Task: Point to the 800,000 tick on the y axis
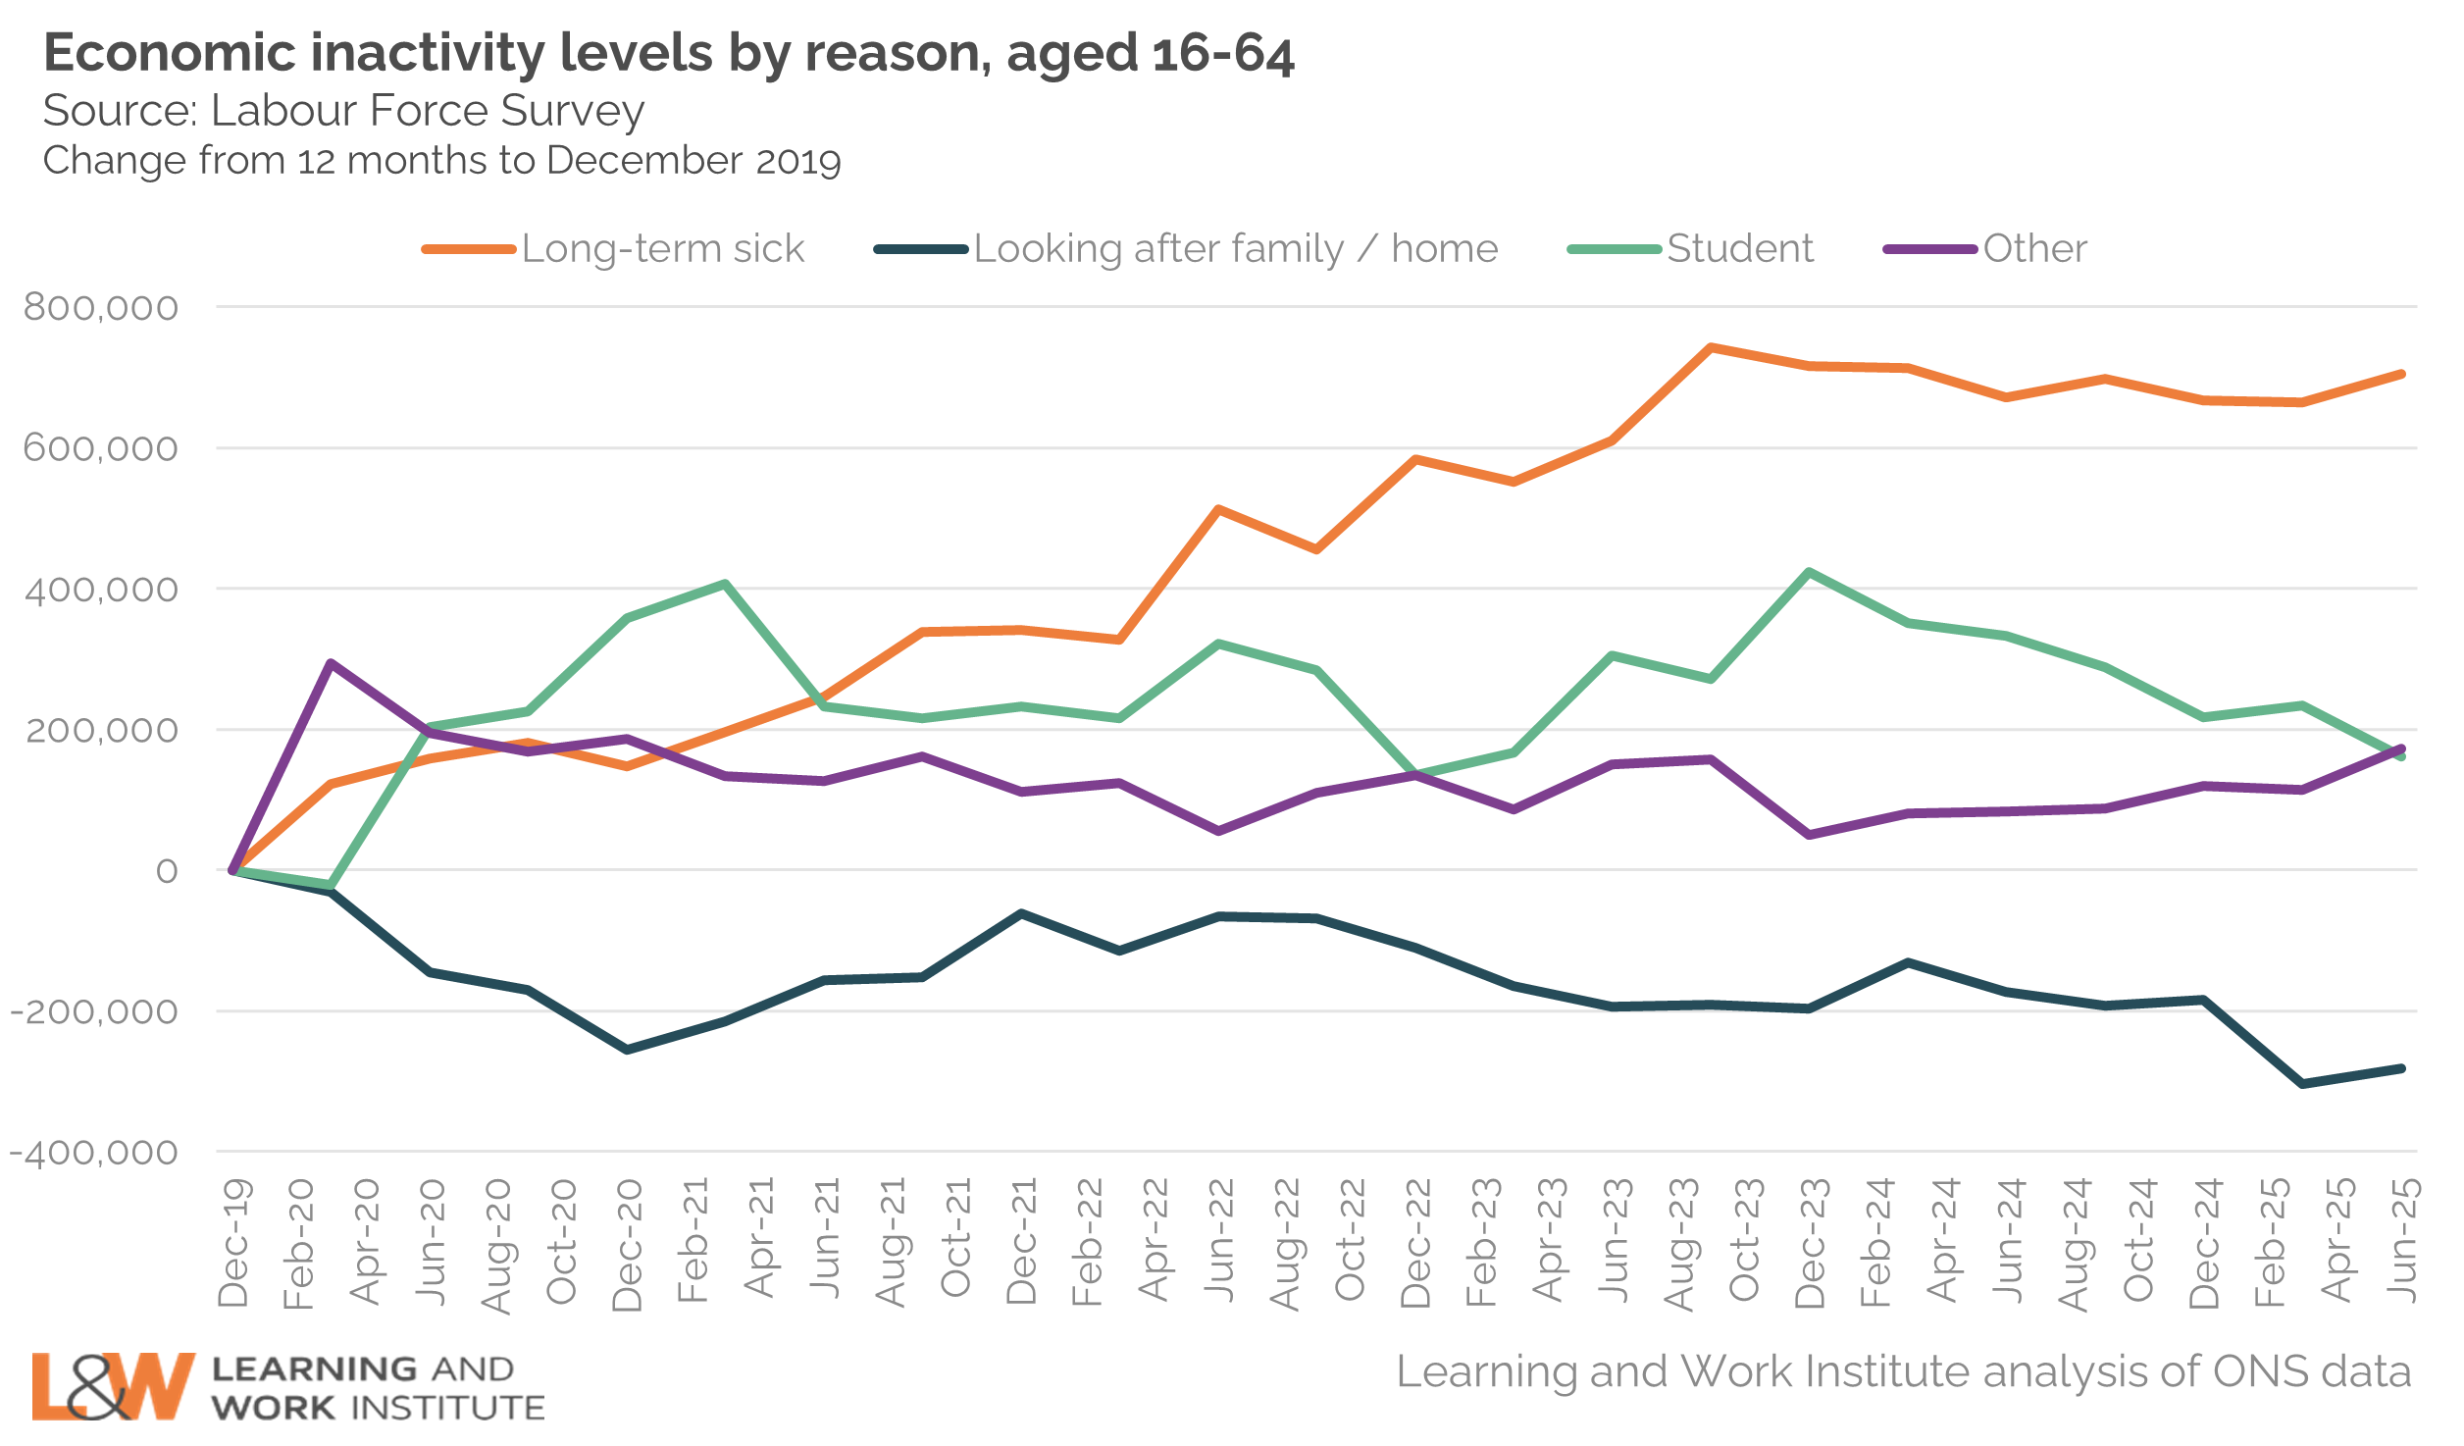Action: [x=101, y=308]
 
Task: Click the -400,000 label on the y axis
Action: [x=94, y=1153]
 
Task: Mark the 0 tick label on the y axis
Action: [x=167, y=871]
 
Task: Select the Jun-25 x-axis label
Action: [x=2402, y=1241]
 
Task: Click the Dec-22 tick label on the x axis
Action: [x=1416, y=1244]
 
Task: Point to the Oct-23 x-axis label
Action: [x=1744, y=1241]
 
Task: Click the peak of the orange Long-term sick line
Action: [x=1711, y=347]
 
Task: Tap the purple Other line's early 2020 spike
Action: [x=332, y=663]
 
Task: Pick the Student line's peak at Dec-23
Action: [x=1809, y=572]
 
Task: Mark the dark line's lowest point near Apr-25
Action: [x=2302, y=1084]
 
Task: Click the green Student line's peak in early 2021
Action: [x=725, y=585]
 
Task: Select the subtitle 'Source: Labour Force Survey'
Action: [x=343, y=111]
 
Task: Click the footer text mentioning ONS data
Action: [x=1903, y=1371]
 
